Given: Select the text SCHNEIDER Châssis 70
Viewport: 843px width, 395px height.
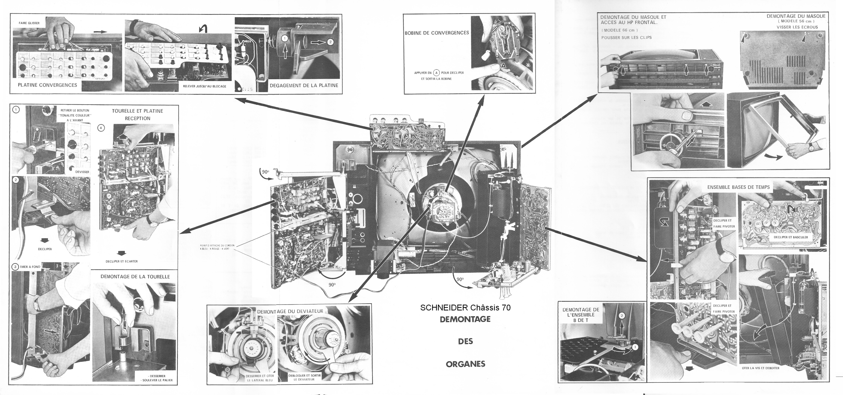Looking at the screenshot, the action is click(x=465, y=308).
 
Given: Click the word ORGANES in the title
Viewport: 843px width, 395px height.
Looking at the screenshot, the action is click(x=465, y=364).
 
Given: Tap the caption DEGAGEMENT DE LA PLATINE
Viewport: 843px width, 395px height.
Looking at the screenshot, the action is click(x=304, y=86).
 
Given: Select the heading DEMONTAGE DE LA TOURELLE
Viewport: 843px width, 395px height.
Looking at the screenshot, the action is click(x=135, y=277).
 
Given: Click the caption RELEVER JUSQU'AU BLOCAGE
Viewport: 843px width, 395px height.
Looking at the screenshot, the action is click(x=205, y=86).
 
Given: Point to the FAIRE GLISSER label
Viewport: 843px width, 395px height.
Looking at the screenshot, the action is click(x=29, y=23).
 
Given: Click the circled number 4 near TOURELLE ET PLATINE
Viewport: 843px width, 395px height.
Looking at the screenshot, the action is click(x=101, y=128).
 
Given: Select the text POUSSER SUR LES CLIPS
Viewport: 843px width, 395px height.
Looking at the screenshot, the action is click(x=626, y=38).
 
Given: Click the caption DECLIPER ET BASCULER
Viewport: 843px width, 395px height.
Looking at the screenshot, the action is click(x=791, y=237).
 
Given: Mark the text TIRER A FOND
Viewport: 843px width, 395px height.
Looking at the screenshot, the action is click(x=30, y=267).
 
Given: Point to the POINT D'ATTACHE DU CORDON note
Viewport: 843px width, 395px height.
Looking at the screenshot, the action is click(x=217, y=247).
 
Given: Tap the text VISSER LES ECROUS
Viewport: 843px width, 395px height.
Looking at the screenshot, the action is click(x=797, y=27).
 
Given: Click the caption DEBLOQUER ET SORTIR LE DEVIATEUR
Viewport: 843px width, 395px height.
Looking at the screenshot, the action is click(x=304, y=377).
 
